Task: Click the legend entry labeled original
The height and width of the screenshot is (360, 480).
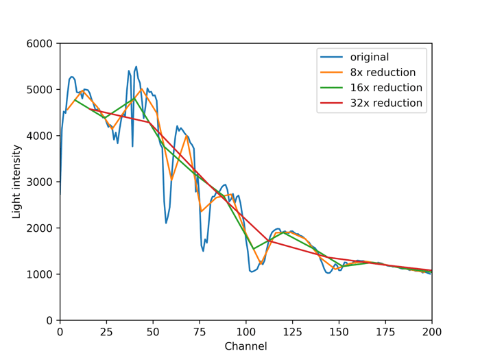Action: (x=369, y=57)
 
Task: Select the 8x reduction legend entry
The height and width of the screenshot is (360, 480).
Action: (x=383, y=73)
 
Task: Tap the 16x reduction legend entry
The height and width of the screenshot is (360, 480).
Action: (x=385, y=88)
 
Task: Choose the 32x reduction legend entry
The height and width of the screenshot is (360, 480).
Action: (x=385, y=104)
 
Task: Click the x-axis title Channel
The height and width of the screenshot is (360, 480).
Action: (x=245, y=346)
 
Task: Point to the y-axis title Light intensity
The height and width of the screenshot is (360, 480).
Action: (x=16, y=182)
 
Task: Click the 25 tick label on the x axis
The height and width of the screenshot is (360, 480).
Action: (x=106, y=332)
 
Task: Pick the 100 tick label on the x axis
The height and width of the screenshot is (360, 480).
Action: (x=246, y=332)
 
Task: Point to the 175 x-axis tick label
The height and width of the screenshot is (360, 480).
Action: (x=385, y=332)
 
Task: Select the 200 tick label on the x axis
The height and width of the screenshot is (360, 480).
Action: (x=432, y=332)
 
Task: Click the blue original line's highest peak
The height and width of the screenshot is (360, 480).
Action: (x=136, y=67)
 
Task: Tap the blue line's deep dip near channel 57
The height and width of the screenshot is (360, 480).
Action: (x=166, y=223)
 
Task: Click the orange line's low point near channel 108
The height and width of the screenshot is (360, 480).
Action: (x=261, y=263)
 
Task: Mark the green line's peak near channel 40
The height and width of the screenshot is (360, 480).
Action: (x=134, y=98)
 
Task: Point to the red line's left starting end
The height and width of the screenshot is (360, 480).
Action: (x=89, y=108)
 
